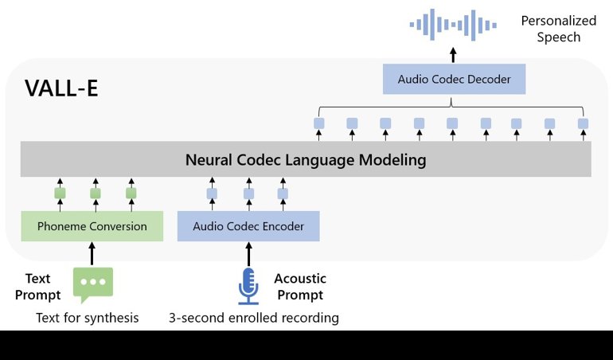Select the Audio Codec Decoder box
click(x=454, y=80)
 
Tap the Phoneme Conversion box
click(x=92, y=226)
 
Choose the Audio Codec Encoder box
click(x=248, y=226)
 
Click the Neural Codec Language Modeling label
click(x=306, y=160)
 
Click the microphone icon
click(x=248, y=285)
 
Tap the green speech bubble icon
click(x=92, y=284)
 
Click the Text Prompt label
click(x=37, y=287)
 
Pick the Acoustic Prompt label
click(x=299, y=287)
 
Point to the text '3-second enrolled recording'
click(x=253, y=318)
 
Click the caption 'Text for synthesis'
click(x=88, y=318)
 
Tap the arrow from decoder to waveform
click(x=454, y=55)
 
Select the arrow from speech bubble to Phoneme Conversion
click(x=92, y=254)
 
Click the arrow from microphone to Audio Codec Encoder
click(x=248, y=254)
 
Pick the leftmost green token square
click(x=60, y=193)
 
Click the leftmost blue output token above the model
click(x=318, y=123)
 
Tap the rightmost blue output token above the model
click(x=583, y=123)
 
